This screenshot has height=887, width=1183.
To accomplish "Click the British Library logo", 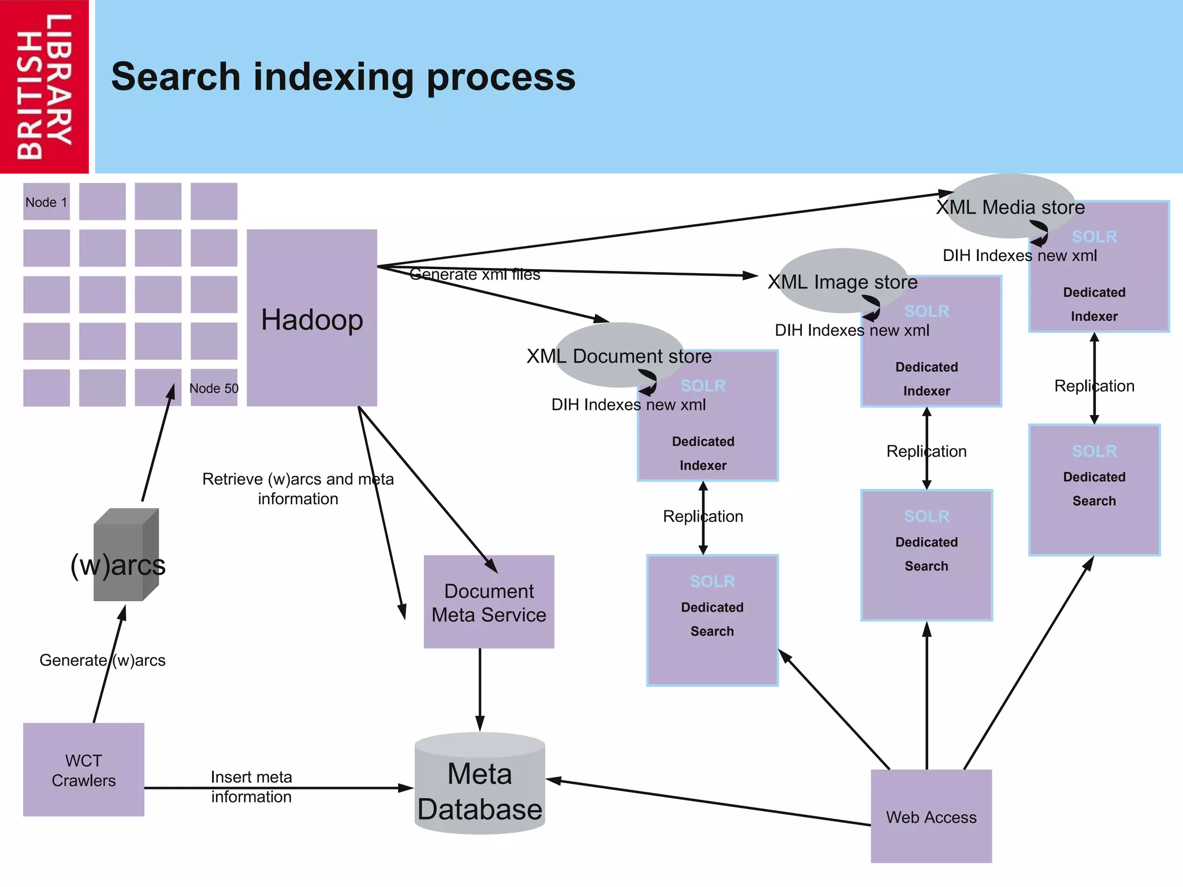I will [x=44, y=87].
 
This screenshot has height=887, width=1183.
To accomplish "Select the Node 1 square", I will [x=46, y=202].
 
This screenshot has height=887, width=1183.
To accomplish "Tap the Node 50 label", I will [x=214, y=388].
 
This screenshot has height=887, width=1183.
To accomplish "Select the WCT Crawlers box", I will [x=84, y=770].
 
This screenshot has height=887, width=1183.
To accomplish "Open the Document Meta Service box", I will [x=489, y=602].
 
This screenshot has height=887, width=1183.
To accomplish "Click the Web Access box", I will [x=931, y=816].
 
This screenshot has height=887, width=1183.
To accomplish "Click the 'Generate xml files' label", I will [x=475, y=275].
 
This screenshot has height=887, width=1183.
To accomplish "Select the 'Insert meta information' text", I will [x=251, y=787].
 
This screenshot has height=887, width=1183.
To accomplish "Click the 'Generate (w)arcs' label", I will [x=102, y=660].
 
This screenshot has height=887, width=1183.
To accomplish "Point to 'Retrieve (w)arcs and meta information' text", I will [x=298, y=489].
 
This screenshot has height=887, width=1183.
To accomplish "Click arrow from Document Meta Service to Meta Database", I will [x=479, y=690].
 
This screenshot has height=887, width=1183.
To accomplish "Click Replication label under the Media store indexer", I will [x=1094, y=386].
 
